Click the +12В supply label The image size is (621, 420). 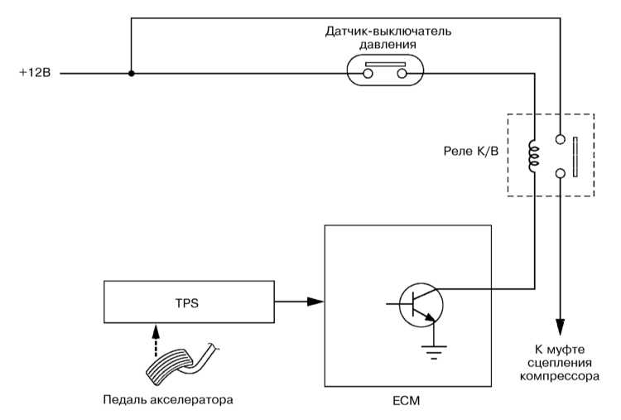[x=36, y=73]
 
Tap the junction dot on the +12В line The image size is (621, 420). [x=132, y=73]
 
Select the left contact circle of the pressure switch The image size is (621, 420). [x=368, y=74]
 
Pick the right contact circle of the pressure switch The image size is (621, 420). [x=402, y=74]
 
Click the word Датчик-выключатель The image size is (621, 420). [x=388, y=31]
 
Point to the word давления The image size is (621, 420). [x=388, y=45]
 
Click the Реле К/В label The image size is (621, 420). [x=471, y=151]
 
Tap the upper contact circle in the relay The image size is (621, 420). [x=560, y=139]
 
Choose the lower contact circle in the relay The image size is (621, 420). [x=560, y=173]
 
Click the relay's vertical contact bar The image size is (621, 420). [x=575, y=157]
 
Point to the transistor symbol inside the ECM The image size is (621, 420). [x=421, y=304]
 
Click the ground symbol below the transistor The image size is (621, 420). [x=434, y=352]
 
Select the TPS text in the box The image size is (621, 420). [x=187, y=303]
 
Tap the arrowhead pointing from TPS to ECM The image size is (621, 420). [x=315, y=302]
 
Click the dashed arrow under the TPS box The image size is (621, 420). [x=156, y=340]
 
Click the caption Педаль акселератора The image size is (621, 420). [x=168, y=399]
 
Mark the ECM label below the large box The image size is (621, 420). [x=407, y=401]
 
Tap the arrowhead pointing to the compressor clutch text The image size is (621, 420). [x=560, y=327]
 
